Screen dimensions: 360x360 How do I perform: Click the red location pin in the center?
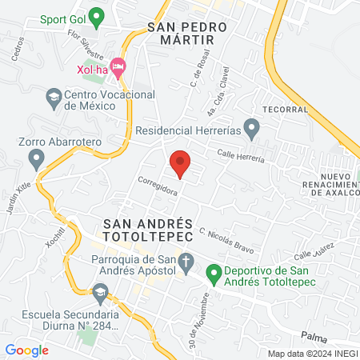pyautogui.click(x=180, y=162)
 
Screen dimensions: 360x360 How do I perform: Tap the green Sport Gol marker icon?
pyautogui.click(x=97, y=16)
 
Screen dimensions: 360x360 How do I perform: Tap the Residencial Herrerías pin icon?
pyautogui.click(x=251, y=128)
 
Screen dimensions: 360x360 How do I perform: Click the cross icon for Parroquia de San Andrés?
pyautogui.click(x=186, y=262)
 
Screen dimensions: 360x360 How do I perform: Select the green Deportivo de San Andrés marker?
pyautogui.click(x=214, y=274)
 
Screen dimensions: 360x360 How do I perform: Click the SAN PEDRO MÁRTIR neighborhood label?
pyautogui.click(x=188, y=33)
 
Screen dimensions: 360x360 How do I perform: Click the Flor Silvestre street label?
pyautogui.click(x=86, y=45)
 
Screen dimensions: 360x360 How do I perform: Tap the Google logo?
pyautogui.click(x=27, y=350)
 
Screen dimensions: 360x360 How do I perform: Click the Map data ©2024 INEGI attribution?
pyautogui.click(x=311, y=354)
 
